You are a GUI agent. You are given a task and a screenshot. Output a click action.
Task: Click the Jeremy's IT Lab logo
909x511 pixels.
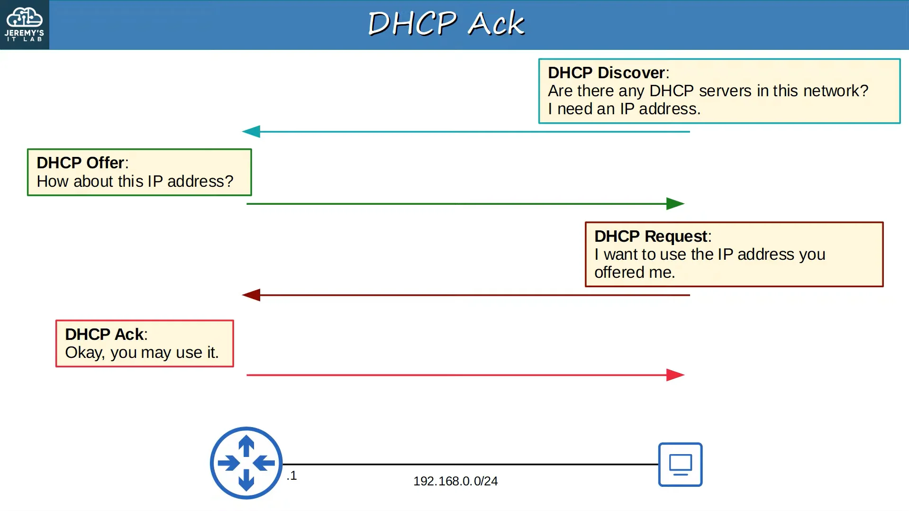[x=24, y=25]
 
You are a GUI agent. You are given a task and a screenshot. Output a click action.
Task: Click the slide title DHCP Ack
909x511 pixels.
[x=446, y=23]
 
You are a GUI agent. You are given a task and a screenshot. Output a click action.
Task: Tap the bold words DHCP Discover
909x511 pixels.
[x=607, y=73]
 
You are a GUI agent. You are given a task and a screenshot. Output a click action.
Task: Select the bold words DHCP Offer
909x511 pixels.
[x=80, y=163]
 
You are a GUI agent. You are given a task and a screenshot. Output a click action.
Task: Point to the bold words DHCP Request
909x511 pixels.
[x=651, y=236]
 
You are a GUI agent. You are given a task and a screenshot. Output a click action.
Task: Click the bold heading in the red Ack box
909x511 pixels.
[x=104, y=334]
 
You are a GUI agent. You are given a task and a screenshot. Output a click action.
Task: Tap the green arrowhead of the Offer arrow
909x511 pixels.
[x=675, y=204]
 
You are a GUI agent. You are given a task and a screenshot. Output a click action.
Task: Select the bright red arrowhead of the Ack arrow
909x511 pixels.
[x=675, y=375]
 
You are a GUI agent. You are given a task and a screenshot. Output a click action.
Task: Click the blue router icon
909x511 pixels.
[x=246, y=463]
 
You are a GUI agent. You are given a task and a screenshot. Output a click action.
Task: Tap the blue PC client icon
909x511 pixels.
[x=680, y=465]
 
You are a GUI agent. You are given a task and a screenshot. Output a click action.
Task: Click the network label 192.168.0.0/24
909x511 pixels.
[x=455, y=481]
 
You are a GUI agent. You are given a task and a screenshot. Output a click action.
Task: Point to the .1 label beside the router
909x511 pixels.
[x=291, y=475]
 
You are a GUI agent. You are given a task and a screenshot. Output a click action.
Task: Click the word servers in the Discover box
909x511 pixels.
[x=725, y=91]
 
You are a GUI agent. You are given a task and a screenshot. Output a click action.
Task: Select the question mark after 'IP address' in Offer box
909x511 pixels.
[x=229, y=181]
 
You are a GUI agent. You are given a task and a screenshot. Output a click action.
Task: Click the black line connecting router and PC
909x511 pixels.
[x=471, y=465]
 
